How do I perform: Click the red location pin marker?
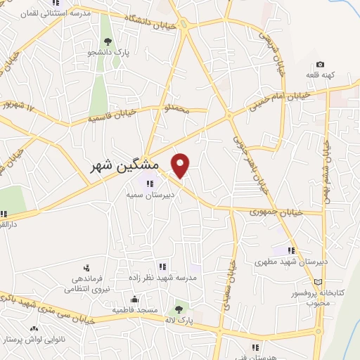point(181,165)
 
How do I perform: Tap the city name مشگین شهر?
point(125,166)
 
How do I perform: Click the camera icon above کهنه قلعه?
point(321,65)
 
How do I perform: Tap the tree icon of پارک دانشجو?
point(106,40)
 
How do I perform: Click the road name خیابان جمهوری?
point(276,211)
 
